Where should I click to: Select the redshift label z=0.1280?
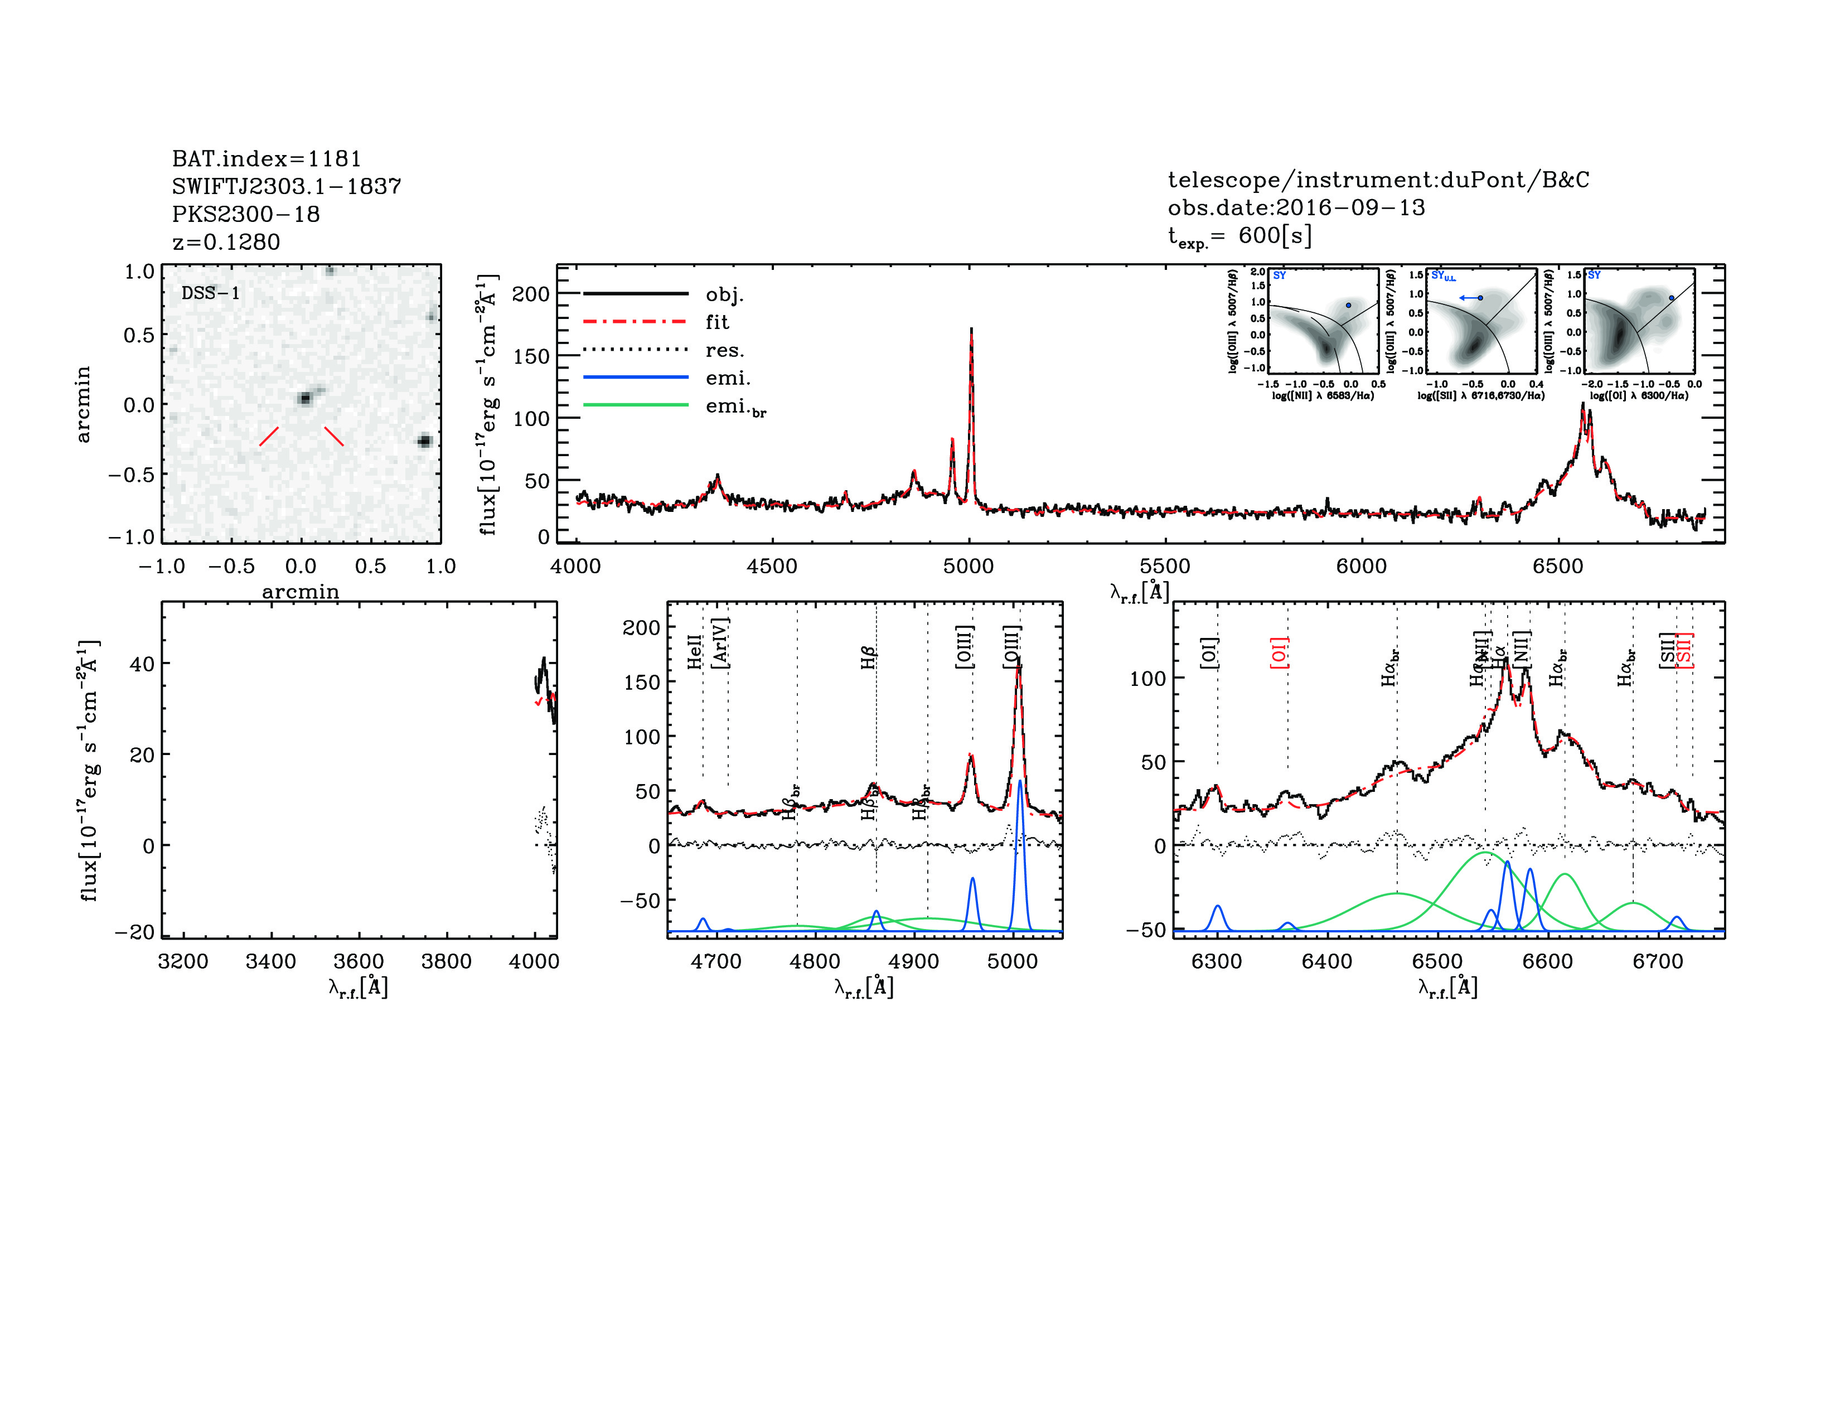226,242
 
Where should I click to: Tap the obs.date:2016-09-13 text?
1296,207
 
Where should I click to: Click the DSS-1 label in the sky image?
211,293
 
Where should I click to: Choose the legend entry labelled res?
724,350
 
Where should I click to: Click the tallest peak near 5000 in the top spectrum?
971,333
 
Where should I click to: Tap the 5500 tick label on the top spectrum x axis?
1165,566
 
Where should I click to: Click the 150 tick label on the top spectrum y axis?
531,356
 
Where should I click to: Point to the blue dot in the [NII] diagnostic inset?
1348,305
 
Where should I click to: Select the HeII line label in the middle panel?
694,652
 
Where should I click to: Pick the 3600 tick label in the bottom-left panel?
358,961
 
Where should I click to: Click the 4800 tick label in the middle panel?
815,961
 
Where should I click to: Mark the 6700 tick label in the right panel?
1657,961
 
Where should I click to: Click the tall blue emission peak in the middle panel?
1019,783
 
